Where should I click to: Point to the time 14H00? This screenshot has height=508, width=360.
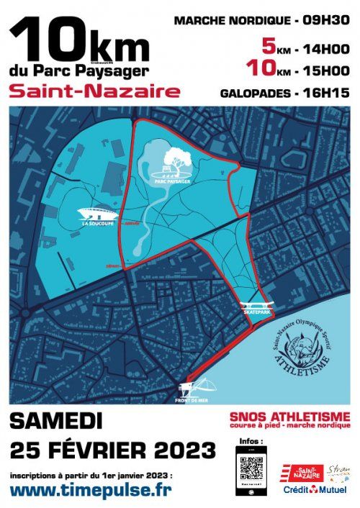click(325, 48)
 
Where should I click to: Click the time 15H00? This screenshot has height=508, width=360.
click(325, 71)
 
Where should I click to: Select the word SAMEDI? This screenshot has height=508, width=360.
click(56, 422)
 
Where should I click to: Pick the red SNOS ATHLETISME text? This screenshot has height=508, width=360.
click(289, 416)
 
